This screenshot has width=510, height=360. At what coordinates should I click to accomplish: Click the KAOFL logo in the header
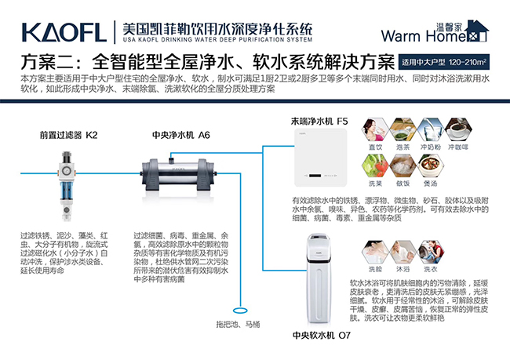point(64,31)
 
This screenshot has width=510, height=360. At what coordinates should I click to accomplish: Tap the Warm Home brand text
point(417,35)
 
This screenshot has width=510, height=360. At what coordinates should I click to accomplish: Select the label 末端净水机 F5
point(319,122)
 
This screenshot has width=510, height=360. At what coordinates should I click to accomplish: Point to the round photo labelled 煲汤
point(429,166)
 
